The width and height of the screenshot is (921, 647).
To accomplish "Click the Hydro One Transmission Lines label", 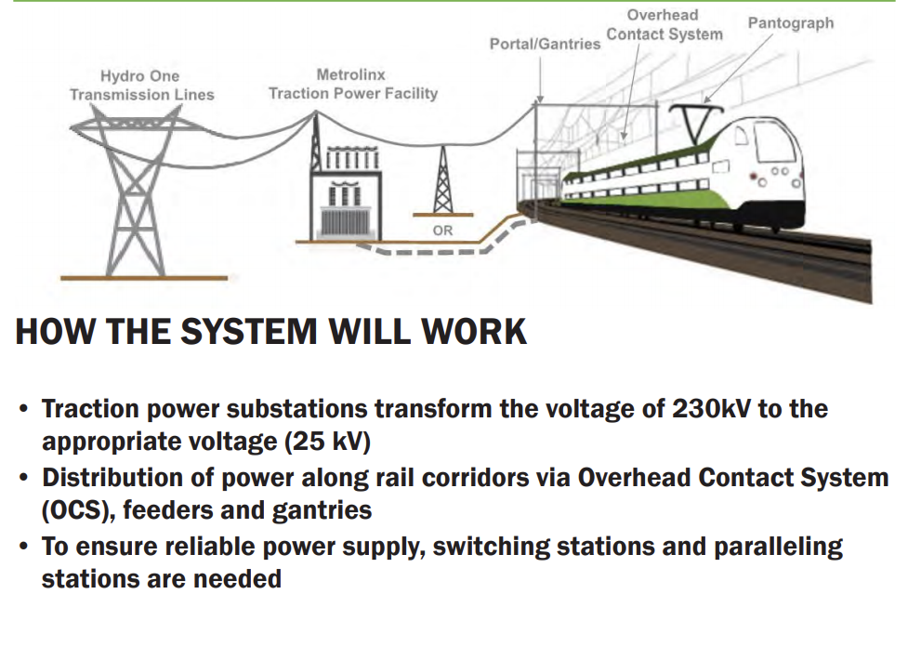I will (141, 86).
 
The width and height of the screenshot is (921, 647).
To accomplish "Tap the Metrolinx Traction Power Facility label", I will (352, 84).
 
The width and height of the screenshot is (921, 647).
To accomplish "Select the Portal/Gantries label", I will (545, 44).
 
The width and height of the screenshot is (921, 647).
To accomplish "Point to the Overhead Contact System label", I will (664, 25).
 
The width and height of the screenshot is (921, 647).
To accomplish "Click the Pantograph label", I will (790, 23).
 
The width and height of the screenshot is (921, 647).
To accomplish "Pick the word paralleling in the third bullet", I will (778, 546).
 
